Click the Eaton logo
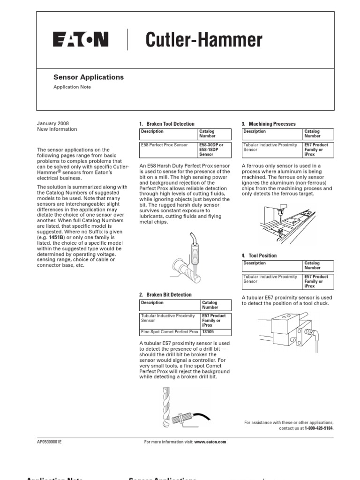point(81,40)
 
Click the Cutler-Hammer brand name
point(203,40)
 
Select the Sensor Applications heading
point(88,77)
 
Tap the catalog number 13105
point(208,332)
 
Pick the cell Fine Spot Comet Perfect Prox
point(170,332)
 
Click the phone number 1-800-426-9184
point(319,428)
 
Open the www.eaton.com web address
point(210,442)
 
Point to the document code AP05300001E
point(49,442)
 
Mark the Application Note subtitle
point(72,87)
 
